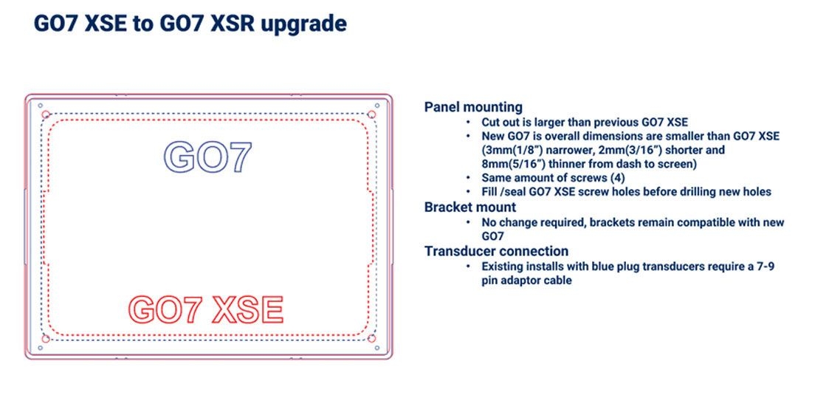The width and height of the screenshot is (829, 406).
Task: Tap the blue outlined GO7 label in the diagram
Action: [x=207, y=157]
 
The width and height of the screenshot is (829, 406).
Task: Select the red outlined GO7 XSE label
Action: [x=206, y=310]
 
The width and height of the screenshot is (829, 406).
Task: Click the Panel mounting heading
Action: [x=473, y=107]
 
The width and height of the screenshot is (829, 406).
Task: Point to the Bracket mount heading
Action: [x=470, y=207]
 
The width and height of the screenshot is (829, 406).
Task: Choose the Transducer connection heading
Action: [x=497, y=251]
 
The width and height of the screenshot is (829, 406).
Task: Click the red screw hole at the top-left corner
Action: [x=46, y=114]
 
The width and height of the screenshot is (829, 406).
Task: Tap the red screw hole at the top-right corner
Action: [x=371, y=114]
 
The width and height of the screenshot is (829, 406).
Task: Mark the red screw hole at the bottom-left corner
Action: [x=46, y=338]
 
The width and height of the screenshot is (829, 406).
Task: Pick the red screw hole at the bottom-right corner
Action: [x=371, y=338]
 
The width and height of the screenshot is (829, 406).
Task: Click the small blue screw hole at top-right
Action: [x=376, y=106]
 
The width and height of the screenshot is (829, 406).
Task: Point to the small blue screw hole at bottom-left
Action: [x=40, y=348]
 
